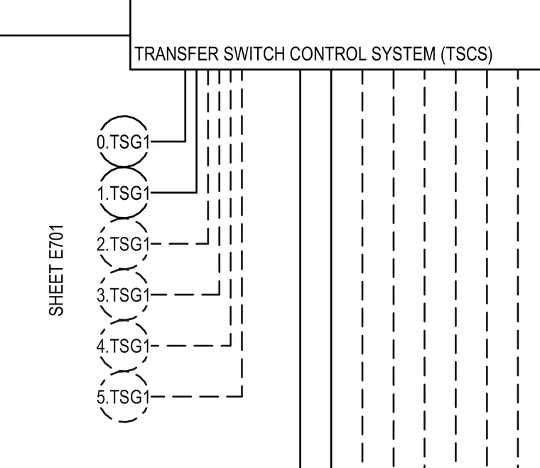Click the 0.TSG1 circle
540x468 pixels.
click(x=124, y=117)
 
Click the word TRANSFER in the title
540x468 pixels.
click(x=176, y=54)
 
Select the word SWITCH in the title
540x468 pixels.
click(x=254, y=54)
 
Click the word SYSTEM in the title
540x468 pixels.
click(x=404, y=54)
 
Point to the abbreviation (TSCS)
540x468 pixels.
click(x=467, y=55)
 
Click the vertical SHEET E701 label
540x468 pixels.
click(x=56, y=270)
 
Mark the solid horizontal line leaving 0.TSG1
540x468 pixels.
click(x=168, y=142)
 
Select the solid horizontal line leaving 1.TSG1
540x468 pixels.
click(x=174, y=192)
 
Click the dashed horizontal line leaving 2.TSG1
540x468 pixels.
click(x=180, y=244)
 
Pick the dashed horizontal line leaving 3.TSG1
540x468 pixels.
click(x=185, y=294)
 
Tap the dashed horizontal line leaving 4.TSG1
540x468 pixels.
click(x=191, y=346)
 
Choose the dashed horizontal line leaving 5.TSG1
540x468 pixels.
click(x=197, y=397)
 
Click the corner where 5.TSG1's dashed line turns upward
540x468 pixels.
click(x=242, y=397)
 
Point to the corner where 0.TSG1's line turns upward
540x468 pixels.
click(x=185, y=142)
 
